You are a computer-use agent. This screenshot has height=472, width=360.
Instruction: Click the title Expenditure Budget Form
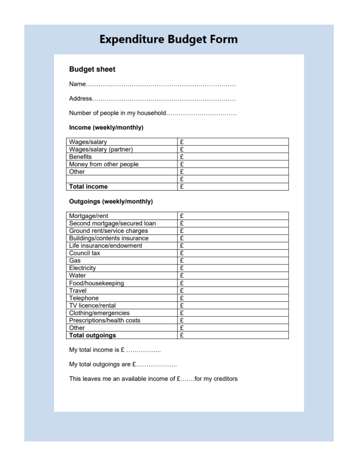pos(168,39)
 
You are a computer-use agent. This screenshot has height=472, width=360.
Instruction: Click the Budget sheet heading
pos(92,70)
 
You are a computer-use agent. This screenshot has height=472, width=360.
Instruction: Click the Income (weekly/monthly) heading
pos(106,128)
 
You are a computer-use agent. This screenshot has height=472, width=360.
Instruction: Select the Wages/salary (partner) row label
pos(101,149)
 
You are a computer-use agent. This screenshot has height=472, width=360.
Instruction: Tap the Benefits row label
pos(80,157)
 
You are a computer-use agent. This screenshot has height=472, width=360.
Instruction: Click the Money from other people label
pos(104,164)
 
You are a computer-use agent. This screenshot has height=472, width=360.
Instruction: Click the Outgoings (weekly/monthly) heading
pos(111,201)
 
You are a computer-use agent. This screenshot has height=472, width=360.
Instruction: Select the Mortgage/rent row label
pos(89,216)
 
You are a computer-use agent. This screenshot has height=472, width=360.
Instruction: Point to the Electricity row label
pos(83,268)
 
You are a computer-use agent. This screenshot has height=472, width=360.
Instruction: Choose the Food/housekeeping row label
pos(96,283)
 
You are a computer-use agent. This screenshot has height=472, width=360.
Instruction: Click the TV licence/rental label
pos(92,305)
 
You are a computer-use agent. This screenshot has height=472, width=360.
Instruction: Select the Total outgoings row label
pos(92,335)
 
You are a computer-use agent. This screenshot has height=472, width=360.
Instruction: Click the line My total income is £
pos(115,350)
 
